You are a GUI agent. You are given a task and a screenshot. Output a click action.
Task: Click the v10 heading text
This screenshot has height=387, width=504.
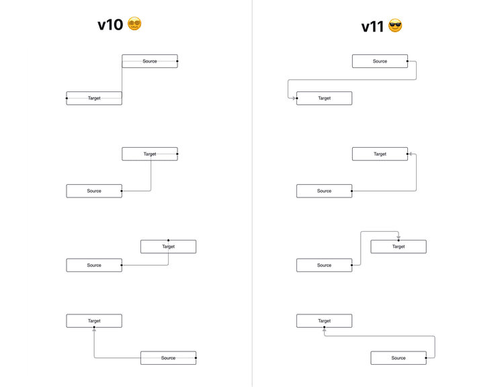click(x=110, y=26)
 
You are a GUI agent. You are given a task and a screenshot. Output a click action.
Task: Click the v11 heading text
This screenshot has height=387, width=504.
click(x=372, y=27)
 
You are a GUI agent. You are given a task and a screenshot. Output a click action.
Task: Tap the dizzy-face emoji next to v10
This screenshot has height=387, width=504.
click(x=134, y=24)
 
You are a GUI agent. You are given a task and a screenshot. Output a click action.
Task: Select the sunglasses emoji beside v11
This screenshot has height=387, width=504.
click(x=395, y=27)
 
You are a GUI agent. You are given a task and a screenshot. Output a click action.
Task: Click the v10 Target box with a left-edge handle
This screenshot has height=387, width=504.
click(x=94, y=98)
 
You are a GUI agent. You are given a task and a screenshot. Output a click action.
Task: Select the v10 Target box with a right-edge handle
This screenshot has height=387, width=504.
click(x=150, y=154)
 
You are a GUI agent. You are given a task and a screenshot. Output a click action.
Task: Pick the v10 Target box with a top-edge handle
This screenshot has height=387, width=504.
click(x=168, y=247)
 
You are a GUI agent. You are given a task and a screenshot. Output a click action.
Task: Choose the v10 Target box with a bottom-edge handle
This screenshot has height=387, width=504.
click(x=94, y=320)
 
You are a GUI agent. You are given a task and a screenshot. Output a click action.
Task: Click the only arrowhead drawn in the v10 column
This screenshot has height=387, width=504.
click(x=94, y=330)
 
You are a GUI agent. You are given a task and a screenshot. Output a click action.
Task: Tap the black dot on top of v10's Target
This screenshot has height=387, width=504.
click(x=168, y=240)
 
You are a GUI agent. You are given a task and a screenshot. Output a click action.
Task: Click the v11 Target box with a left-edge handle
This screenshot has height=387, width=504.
click(x=324, y=98)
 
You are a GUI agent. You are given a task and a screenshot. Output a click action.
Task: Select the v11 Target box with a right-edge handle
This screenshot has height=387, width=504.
click(x=380, y=154)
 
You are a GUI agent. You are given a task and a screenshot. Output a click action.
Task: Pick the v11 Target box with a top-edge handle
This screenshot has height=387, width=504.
click(x=398, y=247)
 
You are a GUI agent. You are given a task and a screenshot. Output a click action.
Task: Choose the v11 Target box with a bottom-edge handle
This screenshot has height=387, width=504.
click(x=324, y=320)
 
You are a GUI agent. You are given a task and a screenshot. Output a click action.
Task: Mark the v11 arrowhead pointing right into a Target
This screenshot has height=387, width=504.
click(x=294, y=98)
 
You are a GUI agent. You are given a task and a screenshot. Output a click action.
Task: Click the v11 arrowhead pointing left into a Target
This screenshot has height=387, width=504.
click(x=411, y=154)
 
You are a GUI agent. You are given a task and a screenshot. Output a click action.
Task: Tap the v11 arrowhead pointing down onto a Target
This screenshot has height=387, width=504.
click(x=398, y=236)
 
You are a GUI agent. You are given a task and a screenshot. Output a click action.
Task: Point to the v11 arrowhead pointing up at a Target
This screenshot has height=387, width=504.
click(x=324, y=330)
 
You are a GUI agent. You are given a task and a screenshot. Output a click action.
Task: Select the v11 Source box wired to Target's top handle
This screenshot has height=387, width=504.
click(x=324, y=265)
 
